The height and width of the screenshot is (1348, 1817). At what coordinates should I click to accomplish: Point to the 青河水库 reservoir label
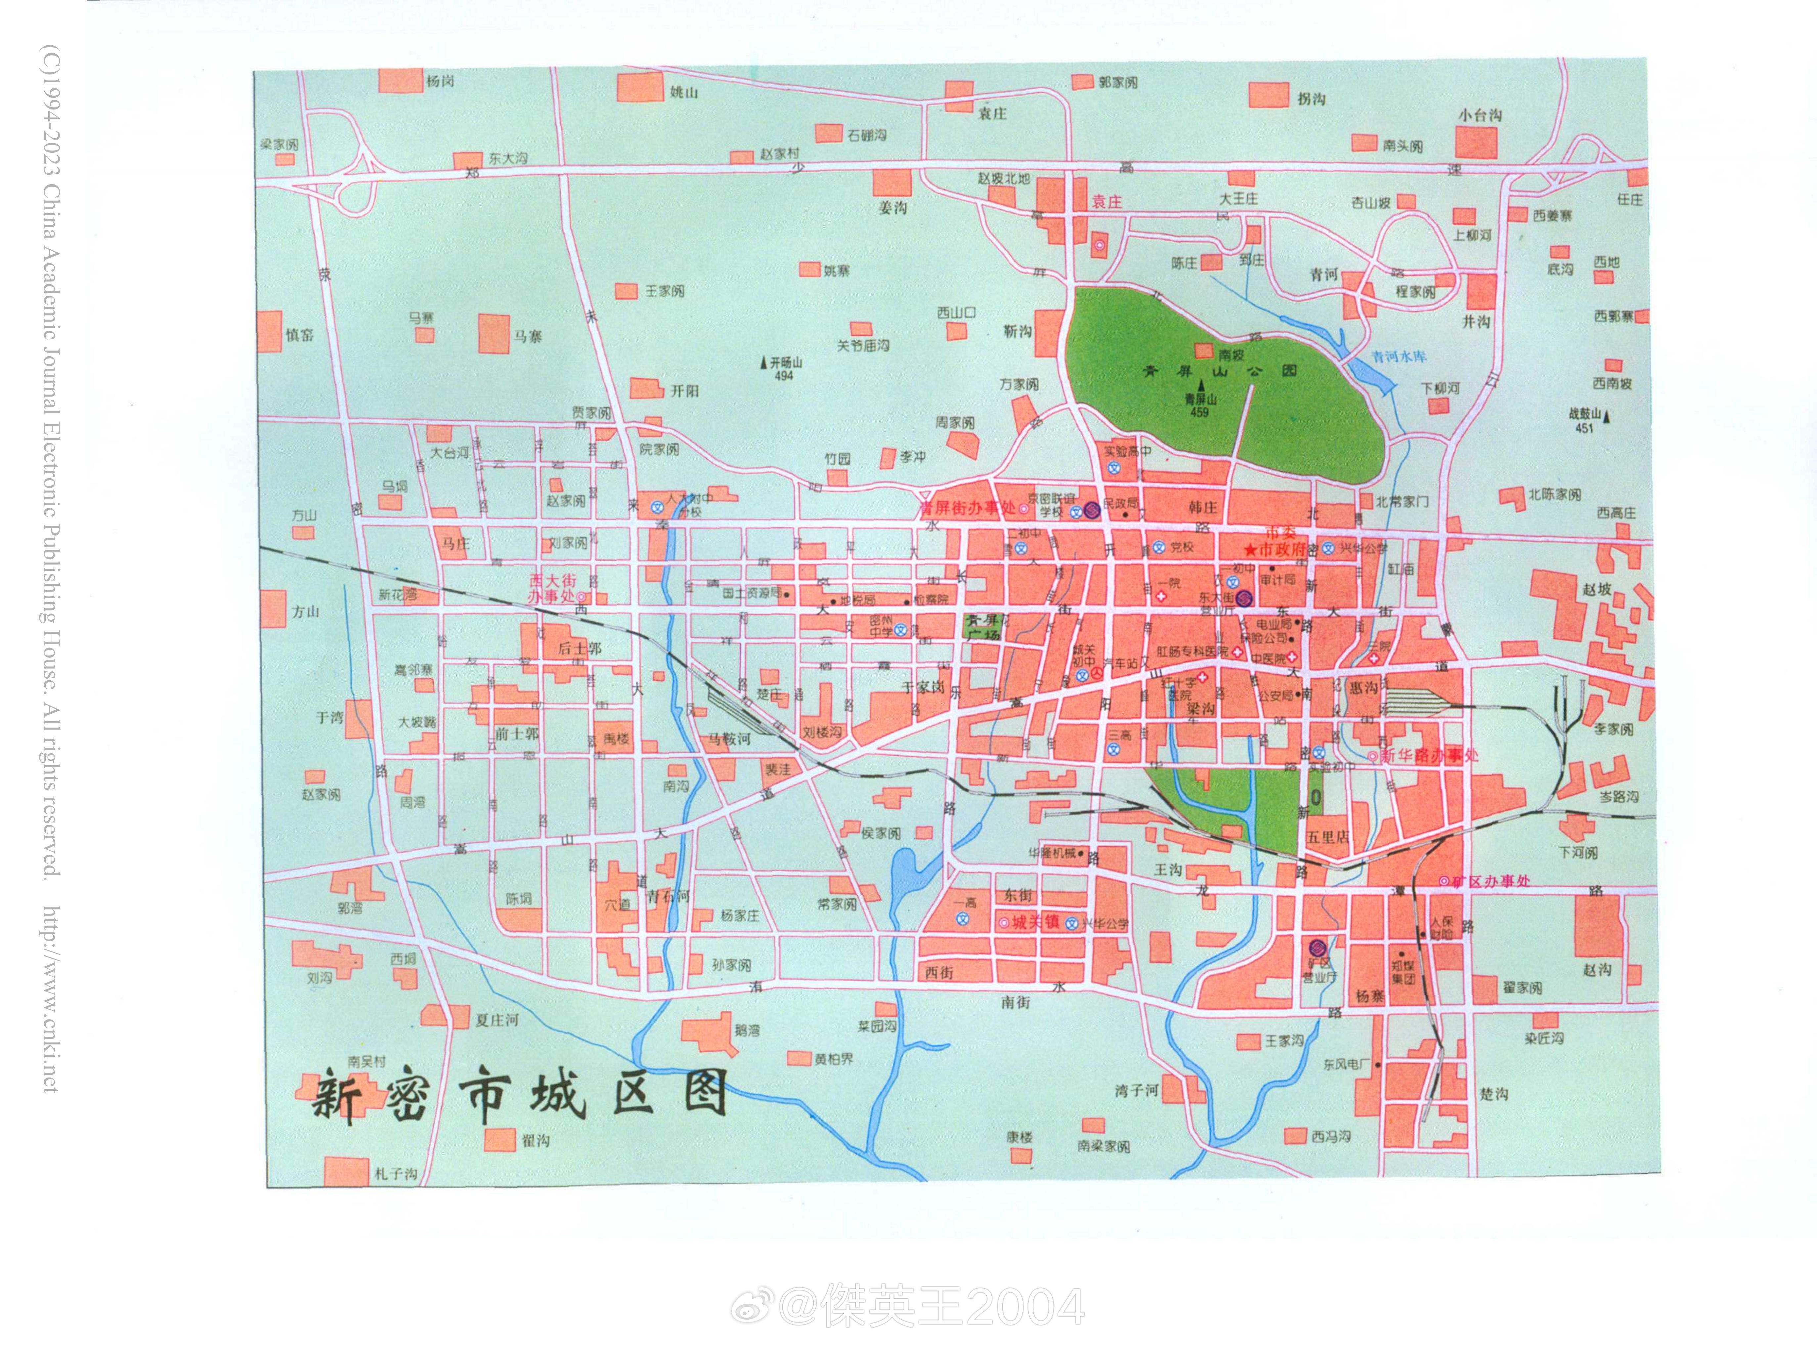(1399, 357)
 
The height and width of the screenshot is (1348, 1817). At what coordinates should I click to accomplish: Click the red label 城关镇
(1035, 922)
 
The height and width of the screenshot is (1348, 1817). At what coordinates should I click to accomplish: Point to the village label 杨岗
(440, 81)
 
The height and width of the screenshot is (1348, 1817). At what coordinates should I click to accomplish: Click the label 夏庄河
(496, 1020)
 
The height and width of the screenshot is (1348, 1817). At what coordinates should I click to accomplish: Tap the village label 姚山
(684, 92)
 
